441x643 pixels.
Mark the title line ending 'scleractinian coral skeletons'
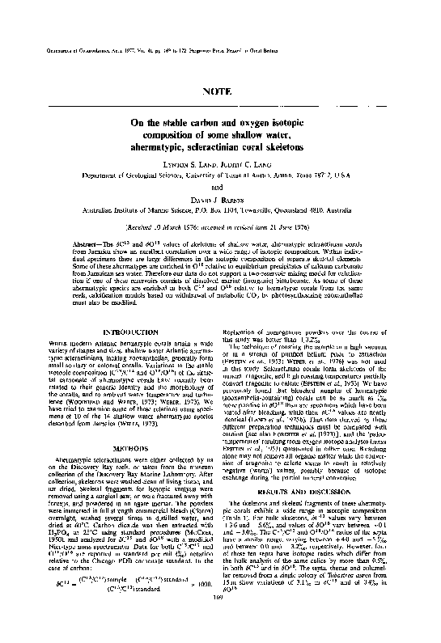220,149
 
